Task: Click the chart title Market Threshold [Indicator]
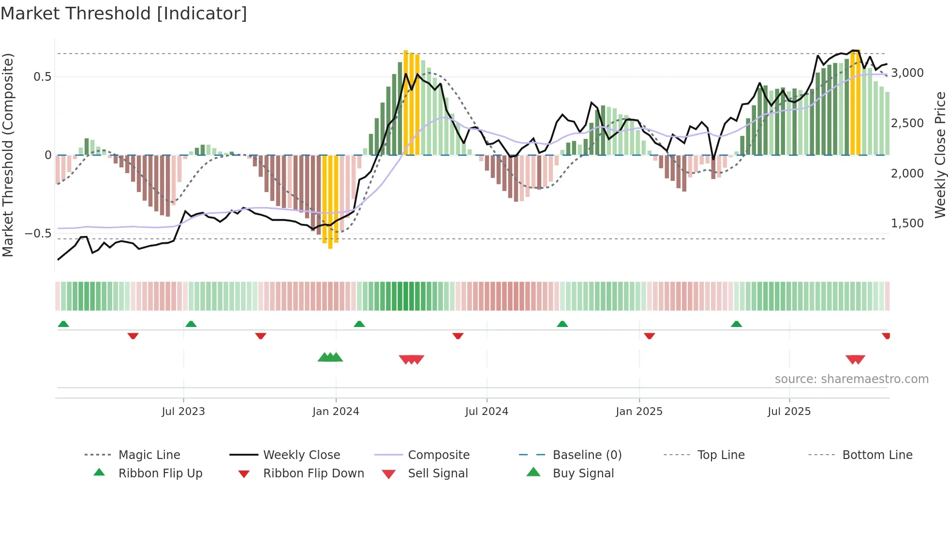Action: [x=124, y=14]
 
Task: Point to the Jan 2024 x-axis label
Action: [x=336, y=411]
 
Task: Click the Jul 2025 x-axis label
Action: [x=789, y=411]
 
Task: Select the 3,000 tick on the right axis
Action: [x=907, y=73]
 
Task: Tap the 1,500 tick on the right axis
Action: [x=907, y=223]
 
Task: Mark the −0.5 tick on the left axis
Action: [x=38, y=234]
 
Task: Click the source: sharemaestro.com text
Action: [x=851, y=379]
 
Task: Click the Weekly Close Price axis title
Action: [x=940, y=155]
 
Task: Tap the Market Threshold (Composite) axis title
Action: [x=8, y=155]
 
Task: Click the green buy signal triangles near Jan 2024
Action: [x=330, y=357]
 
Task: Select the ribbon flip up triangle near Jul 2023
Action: [x=191, y=324]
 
